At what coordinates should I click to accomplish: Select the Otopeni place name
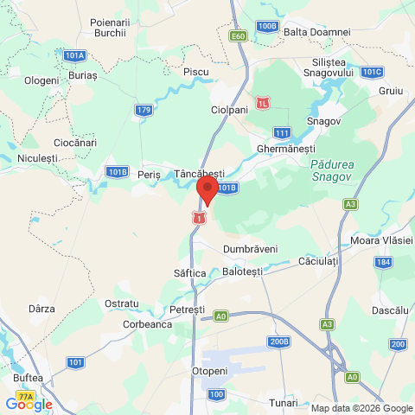coord(207,370)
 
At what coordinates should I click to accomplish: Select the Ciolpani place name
coord(229,111)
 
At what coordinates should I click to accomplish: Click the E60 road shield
coord(239,35)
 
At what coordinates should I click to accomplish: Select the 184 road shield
coord(384,261)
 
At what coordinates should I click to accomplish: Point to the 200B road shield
coord(278,342)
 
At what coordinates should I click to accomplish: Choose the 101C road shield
coord(372,72)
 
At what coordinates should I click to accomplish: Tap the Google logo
coord(29,404)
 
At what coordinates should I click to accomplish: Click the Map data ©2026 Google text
coord(362,408)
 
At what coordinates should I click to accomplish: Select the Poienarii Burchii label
coord(110,26)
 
